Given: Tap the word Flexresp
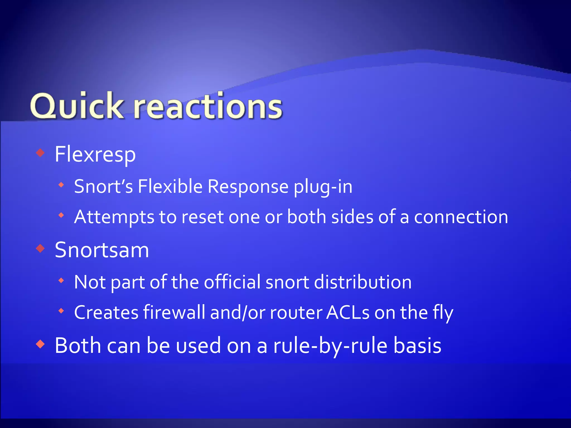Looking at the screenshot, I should coord(95,154).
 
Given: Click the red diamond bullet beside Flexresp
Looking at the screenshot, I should coord(41,153).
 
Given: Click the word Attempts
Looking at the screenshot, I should coord(114,217).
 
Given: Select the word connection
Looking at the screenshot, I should coord(461,217).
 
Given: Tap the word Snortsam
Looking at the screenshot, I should coord(102,250).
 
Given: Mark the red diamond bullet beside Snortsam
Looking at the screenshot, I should coord(41,248).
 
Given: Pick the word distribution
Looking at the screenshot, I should coord(363,282).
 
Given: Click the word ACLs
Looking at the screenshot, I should coord(348,312).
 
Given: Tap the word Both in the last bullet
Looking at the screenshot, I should coord(78,346).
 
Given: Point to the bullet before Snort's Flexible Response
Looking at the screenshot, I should coord(61,185).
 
